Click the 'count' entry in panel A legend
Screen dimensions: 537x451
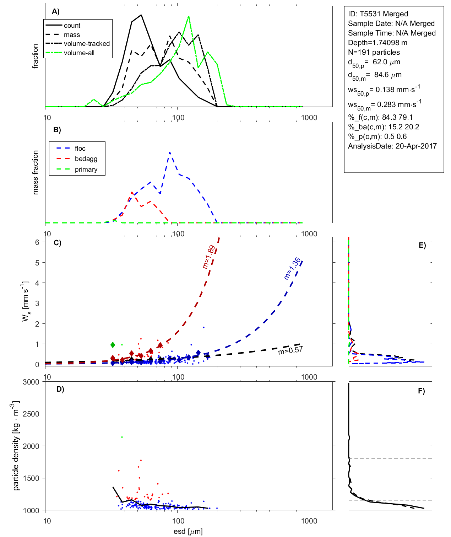[x=72, y=26]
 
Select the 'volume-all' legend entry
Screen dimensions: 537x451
[x=79, y=53]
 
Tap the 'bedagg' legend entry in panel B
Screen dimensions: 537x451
[x=86, y=159]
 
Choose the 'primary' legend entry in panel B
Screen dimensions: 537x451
[x=86, y=170]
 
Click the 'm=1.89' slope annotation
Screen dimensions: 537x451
[x=208, y=257]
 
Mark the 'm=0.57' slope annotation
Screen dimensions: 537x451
[x=290, y=351]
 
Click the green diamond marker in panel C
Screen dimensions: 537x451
[x=113, y=345]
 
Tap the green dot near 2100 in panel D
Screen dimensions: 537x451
[x=122, y=437]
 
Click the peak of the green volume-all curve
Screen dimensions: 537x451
[x=189, y=16]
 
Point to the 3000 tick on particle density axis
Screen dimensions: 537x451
[x=31, y=382]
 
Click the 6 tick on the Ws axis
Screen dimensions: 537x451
[x=37, y=242]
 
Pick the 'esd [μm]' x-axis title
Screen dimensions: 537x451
[x=188, y=532]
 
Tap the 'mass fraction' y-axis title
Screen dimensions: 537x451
[x=35, y=172]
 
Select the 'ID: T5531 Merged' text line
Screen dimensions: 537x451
[x=378, y=14]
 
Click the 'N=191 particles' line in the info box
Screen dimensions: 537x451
[x=374, y=52]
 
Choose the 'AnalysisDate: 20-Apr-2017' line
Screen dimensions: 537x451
[x=392, y=146]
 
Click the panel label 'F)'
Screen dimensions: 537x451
[x=421, y=391]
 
